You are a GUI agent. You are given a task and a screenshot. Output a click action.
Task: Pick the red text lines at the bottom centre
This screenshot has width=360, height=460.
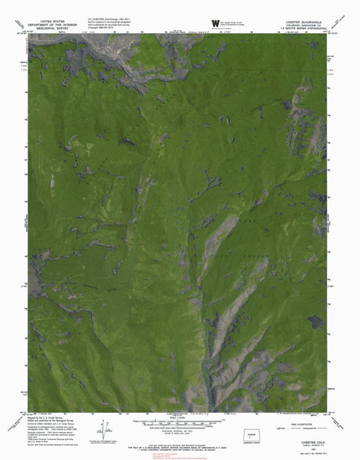click(180, 452)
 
